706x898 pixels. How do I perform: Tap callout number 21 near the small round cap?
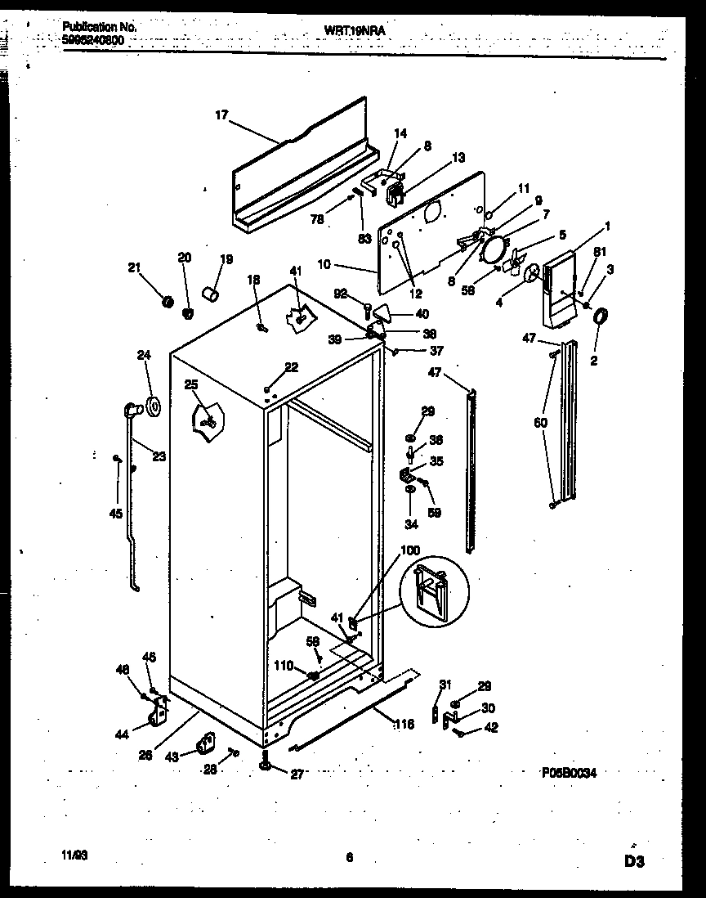coord(134,267)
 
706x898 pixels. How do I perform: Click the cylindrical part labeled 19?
coord(210,293)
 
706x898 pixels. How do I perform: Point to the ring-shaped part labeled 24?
coord(152,405)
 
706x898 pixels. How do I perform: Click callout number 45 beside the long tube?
coord(116,514)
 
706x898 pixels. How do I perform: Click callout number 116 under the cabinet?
coord(403,724)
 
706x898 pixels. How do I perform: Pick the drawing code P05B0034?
coord(569,771)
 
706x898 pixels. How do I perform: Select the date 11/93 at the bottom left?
coord(74,855)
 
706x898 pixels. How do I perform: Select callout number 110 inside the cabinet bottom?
coord(284,666)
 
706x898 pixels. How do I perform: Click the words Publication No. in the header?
coord(99,27)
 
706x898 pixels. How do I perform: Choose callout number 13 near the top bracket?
coord(458,157)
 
